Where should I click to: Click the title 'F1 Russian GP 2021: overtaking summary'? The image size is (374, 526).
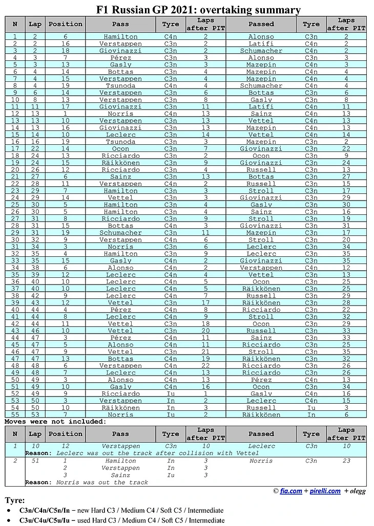pos(198,10)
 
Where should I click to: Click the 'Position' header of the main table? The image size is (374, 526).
pos(65,24)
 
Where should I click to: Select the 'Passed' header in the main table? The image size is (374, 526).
pos(261,24)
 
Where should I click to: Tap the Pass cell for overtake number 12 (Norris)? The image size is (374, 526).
pos(120,114)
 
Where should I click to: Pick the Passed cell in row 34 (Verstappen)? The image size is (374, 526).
pos(261,268)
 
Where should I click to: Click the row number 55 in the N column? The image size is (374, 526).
pos(15,414)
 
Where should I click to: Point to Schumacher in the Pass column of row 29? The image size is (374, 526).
pos(120,232)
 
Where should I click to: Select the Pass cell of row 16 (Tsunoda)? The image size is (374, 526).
pos(120,142)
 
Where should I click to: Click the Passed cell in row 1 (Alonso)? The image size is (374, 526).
pos(261,37)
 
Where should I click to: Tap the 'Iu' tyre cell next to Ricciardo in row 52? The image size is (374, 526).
pos(171,393)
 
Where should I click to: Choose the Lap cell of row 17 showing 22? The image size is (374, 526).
pos(35,148)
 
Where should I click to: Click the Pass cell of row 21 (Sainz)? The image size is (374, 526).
pos(120,177)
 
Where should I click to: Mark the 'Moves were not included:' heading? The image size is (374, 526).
pos(56,422)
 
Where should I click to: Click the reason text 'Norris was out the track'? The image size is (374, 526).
pos(102,482)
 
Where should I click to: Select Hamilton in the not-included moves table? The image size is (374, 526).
pos(120,461)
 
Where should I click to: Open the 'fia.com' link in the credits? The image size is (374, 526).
pos(291,491)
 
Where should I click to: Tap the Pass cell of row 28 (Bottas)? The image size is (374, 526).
pos(120,226)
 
